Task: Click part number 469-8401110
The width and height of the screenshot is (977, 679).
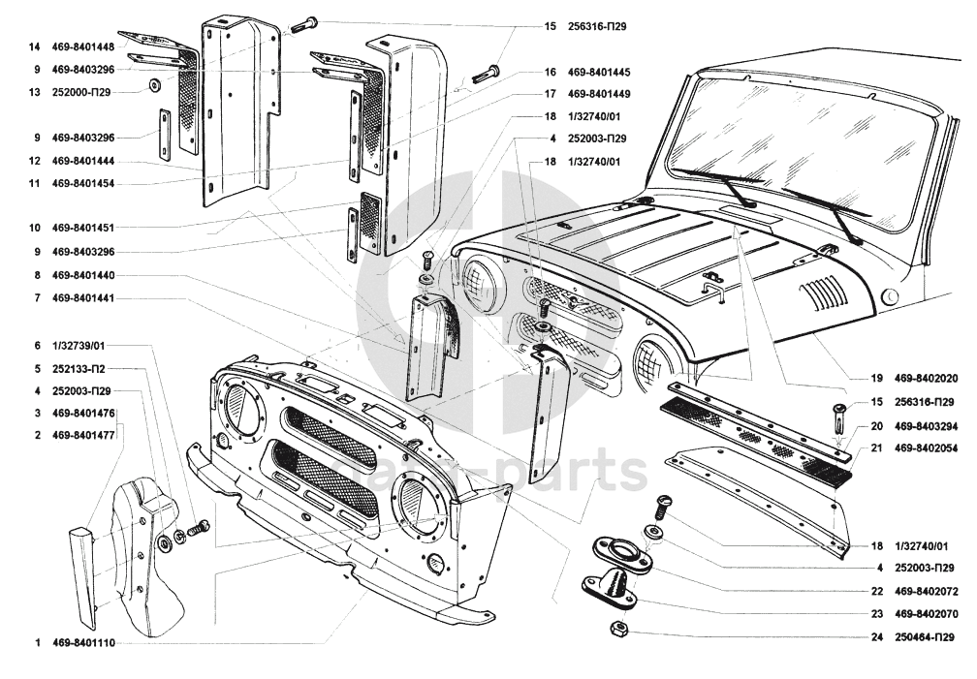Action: pos(83,643)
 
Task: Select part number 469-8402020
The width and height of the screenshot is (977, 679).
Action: pos(926,378)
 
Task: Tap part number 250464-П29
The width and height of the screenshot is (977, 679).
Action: pos(924,637)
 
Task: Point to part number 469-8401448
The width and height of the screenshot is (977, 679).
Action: pos(83,46)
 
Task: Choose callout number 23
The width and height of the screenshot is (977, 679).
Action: pos(876,614)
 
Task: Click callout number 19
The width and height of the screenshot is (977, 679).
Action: pos(876,378)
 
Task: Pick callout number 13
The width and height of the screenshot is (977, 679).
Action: pos(34,92)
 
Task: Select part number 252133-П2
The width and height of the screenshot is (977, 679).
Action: pos(79,369)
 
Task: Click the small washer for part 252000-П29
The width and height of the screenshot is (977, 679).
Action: pos(153,84)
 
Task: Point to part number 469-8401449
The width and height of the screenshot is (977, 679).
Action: pos(599,94)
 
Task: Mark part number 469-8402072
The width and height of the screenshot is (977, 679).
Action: pos(926,591)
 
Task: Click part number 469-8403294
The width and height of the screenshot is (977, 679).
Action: pos(926,427)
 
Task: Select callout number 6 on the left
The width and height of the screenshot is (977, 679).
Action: pos(38,346)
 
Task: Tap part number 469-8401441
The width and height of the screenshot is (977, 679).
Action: pos(83,298)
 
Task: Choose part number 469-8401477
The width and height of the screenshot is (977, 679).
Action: pos(83,436)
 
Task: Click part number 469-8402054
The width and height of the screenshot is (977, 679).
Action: pos(926,448)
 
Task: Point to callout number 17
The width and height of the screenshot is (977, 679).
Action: pos(551,94)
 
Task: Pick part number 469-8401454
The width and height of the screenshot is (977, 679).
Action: pos(83,184)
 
